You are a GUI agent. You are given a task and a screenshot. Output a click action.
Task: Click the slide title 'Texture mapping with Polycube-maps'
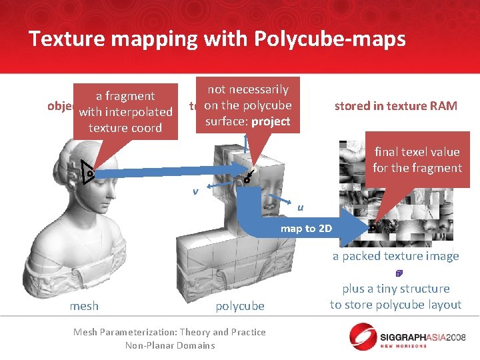(x=217, y=39)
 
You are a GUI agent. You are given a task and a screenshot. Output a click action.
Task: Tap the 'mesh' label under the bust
(x=84, y=306)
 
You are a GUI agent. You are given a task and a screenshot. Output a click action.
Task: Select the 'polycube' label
(x=240, y=306)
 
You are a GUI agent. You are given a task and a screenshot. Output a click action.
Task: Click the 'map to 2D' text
(x=307, y=229)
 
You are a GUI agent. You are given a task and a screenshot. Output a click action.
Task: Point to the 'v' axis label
(x=195, y=191)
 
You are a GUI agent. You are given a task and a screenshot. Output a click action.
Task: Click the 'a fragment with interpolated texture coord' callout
(x=125, y=112)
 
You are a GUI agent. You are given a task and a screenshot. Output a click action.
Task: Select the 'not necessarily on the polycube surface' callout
(x=247, y=105)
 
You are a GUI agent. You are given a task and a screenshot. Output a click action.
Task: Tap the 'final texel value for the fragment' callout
(x=417, y=160)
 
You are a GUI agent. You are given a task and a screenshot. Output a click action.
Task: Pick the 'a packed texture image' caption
(x=396, y=256)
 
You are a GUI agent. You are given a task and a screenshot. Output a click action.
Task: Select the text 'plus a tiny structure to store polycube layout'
(x=396, y=297)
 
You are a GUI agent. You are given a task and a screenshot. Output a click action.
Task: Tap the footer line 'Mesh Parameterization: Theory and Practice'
(x=169, y=332)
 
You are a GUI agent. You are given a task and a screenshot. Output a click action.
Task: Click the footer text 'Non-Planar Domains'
(x=169, y=345)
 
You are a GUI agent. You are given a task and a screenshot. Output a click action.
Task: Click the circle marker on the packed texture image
(x=372, y=227)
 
